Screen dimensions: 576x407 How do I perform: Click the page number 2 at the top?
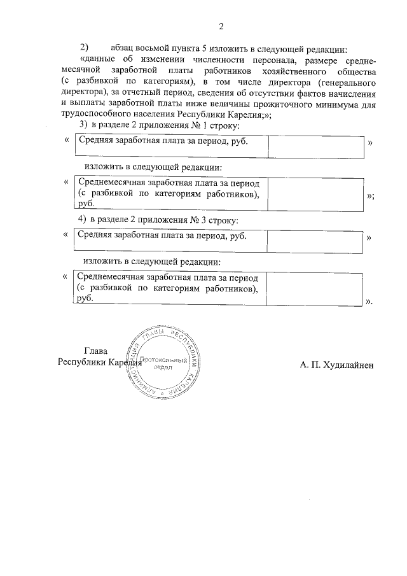[x=221, y=26]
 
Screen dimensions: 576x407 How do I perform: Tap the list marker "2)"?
[x=85, y=48]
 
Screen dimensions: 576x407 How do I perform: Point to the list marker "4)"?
[x=83, y=219]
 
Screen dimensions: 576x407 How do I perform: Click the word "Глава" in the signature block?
[x=96, y=351]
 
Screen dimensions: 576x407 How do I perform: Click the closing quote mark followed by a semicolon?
[x=371, y=197]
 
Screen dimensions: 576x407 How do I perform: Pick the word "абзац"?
[x=123, y=48]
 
